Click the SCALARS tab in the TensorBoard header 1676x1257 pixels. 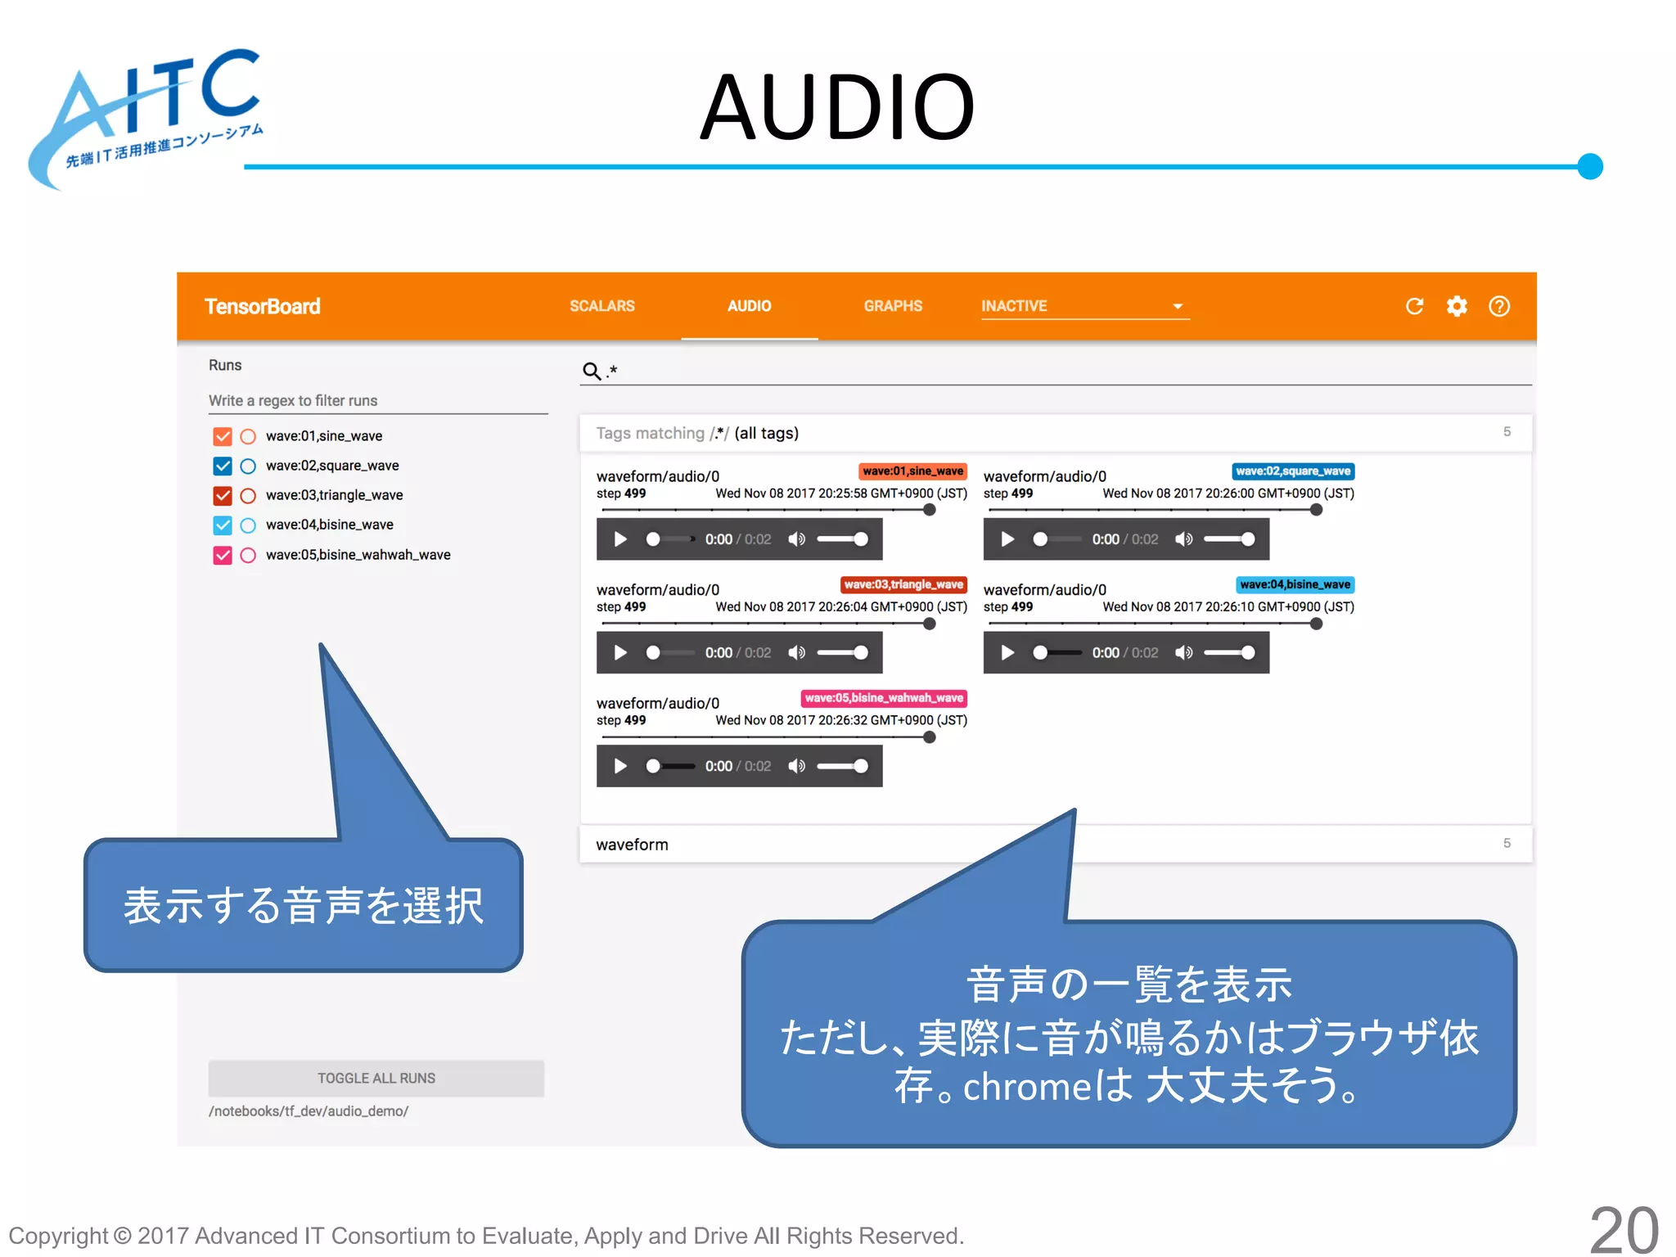[x=601, y=306]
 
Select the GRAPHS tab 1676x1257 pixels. [x=893, y=306]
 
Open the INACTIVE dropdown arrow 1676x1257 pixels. [x=1178, y=306]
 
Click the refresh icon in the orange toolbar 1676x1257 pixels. [x=1414, y=306]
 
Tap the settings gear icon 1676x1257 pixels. [x=1457, y=306]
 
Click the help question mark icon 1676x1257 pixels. [x=1499, y=306]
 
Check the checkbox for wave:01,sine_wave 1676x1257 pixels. [x=223, y=436]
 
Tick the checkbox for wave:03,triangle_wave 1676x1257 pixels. [x=223, y=496]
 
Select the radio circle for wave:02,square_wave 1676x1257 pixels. [x=248, y=466]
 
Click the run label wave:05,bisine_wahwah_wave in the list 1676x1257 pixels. [x=358, y=555]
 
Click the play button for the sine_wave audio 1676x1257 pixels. [x=620, y=539]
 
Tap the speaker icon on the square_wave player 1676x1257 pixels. [x=1183, y=539]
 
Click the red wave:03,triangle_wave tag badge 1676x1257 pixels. [x=903, y=584]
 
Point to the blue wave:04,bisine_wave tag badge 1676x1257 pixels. [x=1295, y=584]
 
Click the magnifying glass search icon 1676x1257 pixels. [x=591, y=371]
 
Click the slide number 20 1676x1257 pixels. [x=1624, y=1230]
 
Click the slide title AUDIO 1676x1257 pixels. [x=837, y=108]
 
